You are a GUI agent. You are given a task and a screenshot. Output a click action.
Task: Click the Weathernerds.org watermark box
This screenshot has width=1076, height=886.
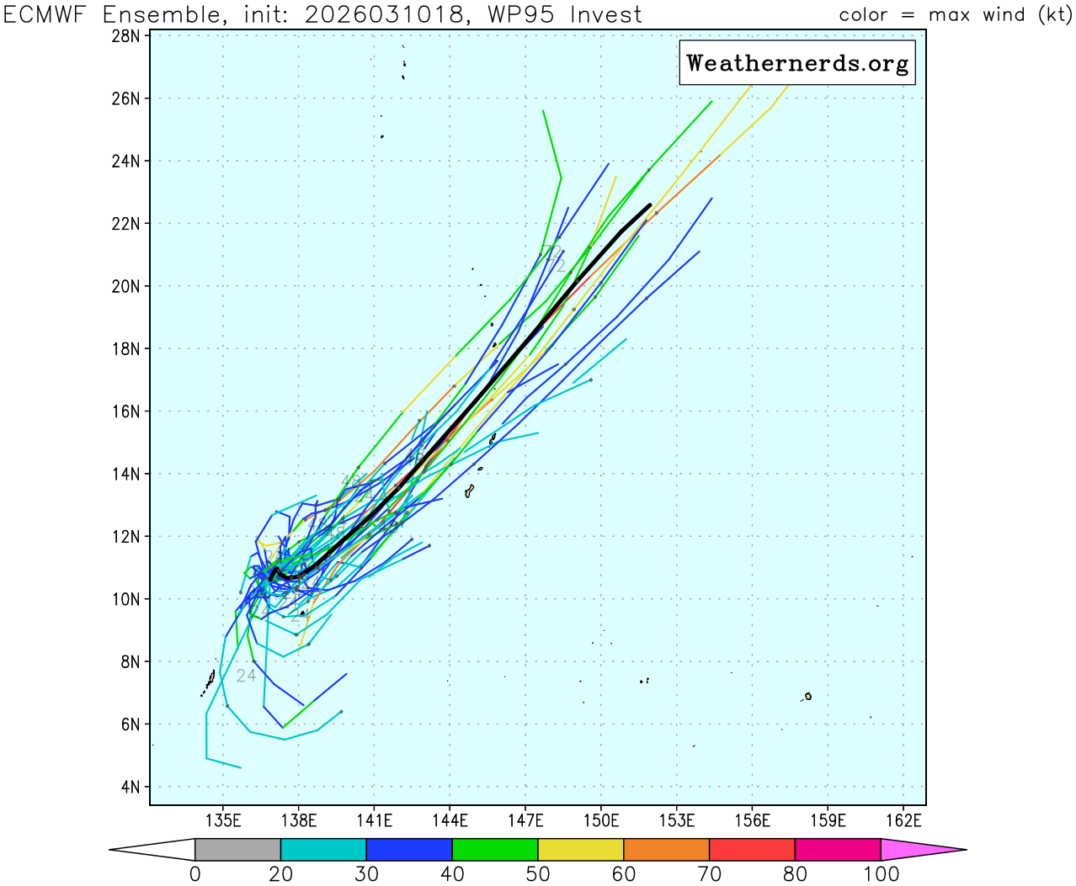[x=796, y=63]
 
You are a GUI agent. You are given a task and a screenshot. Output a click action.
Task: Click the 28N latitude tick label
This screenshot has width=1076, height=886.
[x=125, y=36]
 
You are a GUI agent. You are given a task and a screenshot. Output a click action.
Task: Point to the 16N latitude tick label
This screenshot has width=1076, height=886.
[x=125, y=411]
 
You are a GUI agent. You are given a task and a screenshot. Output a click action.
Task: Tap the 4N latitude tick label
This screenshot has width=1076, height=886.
[x=130, y=788]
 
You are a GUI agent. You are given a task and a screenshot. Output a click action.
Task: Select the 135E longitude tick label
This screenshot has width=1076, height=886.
[x=223, y=820]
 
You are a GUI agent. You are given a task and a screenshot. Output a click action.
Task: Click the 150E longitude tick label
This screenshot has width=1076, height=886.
[x=601, y=820]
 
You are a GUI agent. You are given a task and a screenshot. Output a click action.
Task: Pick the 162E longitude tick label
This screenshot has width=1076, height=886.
[x=903, y=820]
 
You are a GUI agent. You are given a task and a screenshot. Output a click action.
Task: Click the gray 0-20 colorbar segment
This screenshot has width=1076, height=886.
[x=237, y=850]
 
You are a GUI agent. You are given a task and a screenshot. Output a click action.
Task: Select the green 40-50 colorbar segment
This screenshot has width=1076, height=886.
[x=495, y=850]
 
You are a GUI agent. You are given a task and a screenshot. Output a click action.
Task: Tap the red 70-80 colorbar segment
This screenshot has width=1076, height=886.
[x=752, y=850]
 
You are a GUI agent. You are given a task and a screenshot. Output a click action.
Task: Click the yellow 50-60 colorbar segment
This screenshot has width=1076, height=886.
[x=581, y=850]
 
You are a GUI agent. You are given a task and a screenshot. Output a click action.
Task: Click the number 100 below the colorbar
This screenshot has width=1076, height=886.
[x=881, y=874]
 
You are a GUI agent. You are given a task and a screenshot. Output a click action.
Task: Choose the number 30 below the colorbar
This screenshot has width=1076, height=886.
[x=366, y=874]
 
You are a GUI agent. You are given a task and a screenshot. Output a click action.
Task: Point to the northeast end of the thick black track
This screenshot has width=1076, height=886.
[x=650, y=204]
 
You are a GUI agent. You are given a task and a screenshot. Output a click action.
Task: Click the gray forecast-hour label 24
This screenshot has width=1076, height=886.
[x=246, y=676]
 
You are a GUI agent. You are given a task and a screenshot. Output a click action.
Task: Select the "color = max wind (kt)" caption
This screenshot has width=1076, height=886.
[x=955, y=14]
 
